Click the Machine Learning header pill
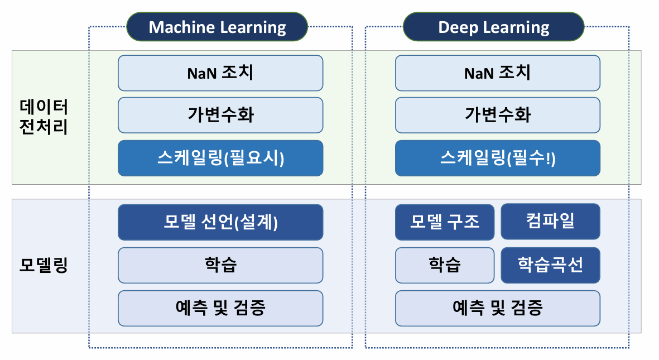coord(217,27)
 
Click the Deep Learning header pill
coord(494,27)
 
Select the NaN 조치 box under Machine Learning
coord(220,73)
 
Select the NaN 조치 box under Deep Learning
coord(498,73)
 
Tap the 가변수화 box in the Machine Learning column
coord(220,115)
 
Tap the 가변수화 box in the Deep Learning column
coord(498,115)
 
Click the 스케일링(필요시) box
coord(220,158)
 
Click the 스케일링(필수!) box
coord(498,158)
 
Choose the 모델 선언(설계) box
coord(220,222)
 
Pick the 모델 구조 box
coord(445,222)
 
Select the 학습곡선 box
coord(550,265)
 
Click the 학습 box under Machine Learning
coord(220,265)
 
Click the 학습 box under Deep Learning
coord(445,265)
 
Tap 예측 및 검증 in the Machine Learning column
coord(220,308)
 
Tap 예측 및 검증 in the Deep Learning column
coord(498,308)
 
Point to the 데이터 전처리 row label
coord(44,117)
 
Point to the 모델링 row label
coord(44,265)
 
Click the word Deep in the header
coord(457,27)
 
